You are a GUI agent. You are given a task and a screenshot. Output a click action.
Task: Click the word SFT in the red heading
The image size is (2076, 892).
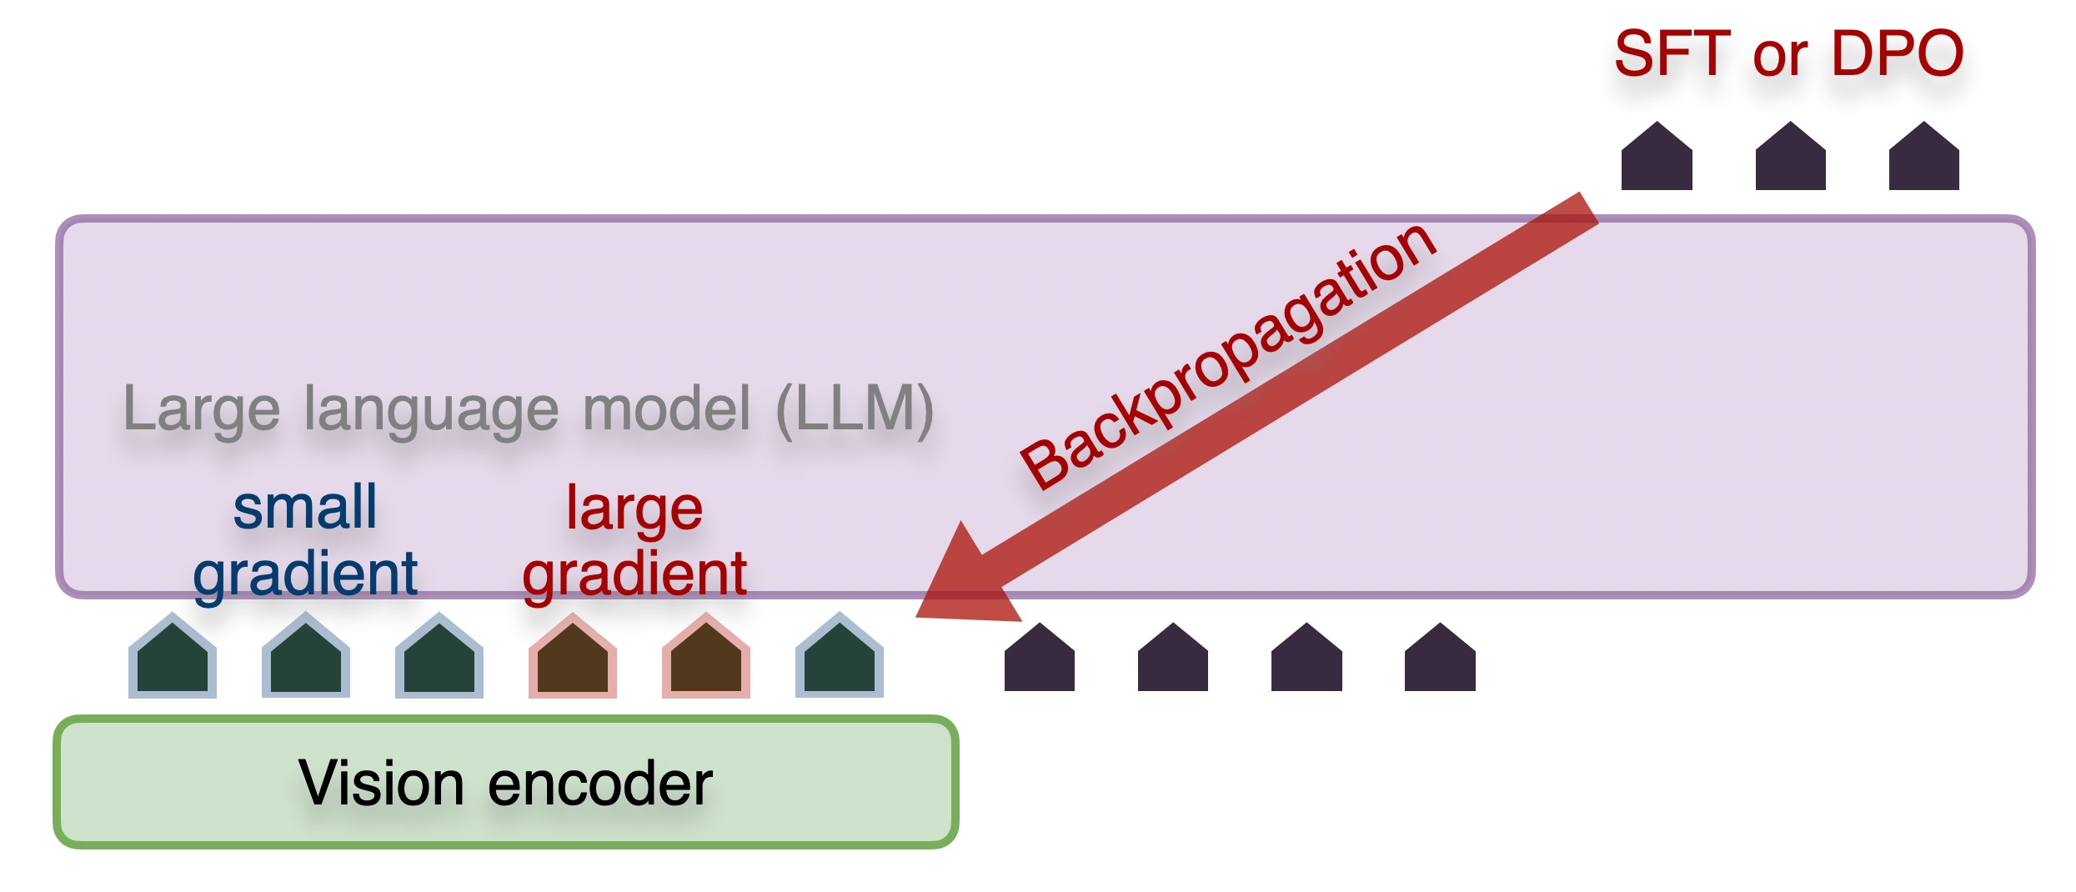click(x=1672, y=53)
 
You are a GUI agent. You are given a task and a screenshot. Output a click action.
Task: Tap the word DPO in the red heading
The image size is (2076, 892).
click(x=1897, y=53)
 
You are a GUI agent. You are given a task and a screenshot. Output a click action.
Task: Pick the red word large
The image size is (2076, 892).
click(x=634, y=509)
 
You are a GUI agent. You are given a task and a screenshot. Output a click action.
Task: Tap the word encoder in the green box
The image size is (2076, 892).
click(x=600, y=784)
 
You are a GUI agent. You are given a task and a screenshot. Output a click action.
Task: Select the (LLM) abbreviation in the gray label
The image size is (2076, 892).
click(x=855, y=408)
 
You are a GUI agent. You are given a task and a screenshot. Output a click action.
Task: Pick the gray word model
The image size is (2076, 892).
click(x=667, y=408)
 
